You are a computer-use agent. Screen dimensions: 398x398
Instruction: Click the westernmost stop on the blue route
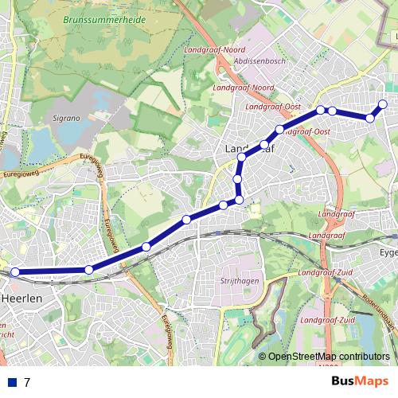[14, 272]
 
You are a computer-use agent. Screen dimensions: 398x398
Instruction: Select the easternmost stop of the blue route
[383, 104]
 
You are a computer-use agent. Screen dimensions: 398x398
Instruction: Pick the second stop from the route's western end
[88, 271]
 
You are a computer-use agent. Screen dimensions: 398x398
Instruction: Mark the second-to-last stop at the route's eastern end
[370, 119]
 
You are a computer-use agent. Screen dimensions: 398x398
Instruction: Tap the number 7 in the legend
[27, 382]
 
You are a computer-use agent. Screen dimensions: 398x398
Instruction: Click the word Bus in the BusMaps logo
[344, 381]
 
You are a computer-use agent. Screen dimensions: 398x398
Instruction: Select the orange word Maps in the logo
[373, 381]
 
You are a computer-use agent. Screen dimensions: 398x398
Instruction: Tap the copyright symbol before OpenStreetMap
[262, 357]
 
